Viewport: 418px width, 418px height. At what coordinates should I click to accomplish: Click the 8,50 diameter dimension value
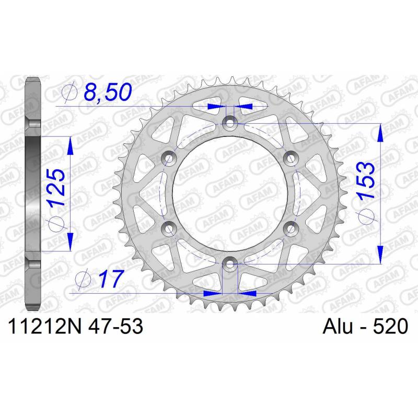108,92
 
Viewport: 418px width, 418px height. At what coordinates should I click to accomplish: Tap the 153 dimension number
366,181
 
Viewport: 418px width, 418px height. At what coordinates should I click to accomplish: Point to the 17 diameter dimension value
111,280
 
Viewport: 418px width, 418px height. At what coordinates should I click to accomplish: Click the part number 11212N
45,326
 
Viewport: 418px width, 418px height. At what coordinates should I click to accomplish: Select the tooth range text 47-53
115,326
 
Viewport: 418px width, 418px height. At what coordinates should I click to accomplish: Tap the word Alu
338,326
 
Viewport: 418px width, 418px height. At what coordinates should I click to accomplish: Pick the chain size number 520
390,326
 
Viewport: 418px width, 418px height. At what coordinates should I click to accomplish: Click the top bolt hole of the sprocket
230,123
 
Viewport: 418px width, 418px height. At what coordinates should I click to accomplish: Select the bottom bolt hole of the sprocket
230,264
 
